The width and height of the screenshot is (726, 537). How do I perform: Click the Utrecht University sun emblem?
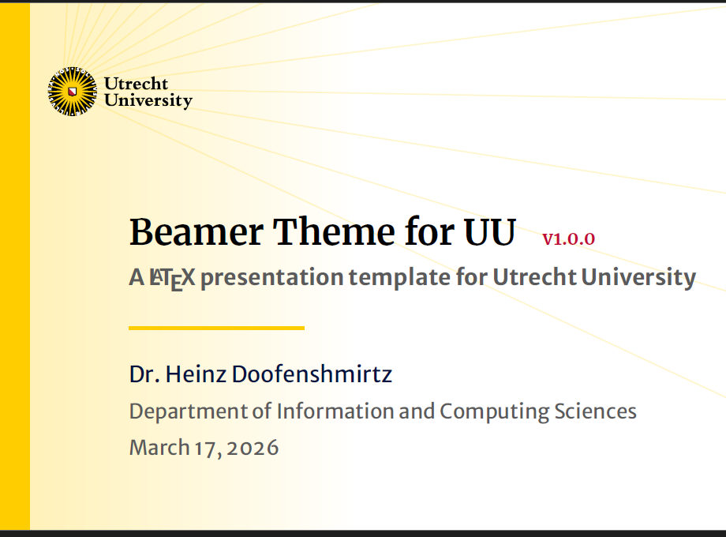[73, 92]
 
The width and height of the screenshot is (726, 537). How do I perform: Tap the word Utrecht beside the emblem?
[136, 84]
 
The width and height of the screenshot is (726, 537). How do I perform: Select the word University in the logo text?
[148, 100]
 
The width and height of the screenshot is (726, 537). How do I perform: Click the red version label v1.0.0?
[569, 239]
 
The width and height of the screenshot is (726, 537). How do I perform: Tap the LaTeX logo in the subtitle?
[172, 279]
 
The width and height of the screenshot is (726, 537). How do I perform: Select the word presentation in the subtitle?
[271, 278]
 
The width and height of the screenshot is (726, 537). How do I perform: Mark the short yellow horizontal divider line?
[217, 328]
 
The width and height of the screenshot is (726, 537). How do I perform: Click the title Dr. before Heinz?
[145, 374]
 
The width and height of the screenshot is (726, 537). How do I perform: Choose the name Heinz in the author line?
[196, 374]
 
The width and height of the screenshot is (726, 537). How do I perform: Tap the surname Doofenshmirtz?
[312, 374]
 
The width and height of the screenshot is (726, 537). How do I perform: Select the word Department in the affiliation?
[189, 412]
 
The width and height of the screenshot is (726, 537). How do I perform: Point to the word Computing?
[495, 412]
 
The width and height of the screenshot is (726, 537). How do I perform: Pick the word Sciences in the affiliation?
[596, 411]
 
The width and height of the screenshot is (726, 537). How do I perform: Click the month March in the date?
[159, 448]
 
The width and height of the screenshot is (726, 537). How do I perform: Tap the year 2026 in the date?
[253, 448]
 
